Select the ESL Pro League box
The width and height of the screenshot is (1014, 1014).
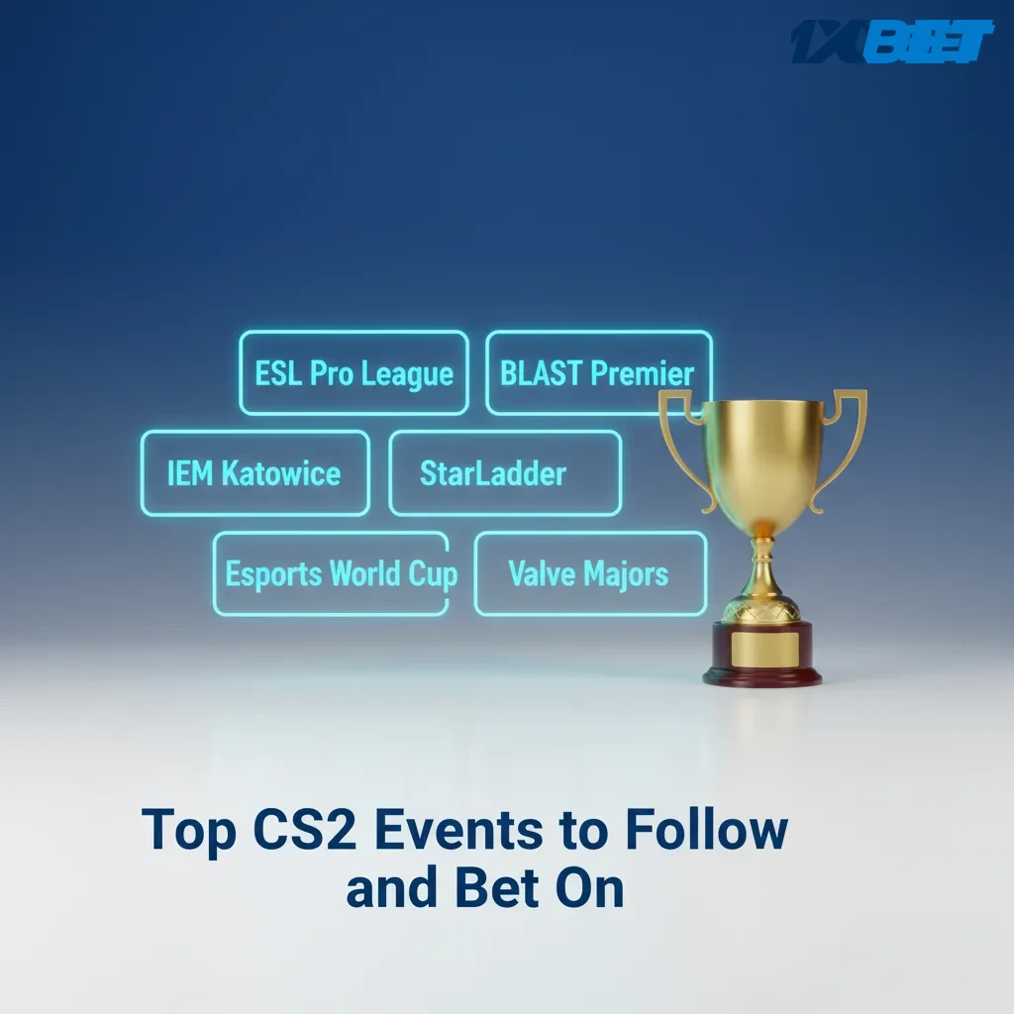click(x=354, y=373)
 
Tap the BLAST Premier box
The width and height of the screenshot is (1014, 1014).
click(x=597, y=373)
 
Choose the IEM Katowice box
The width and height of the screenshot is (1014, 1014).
click(x=254, y=473)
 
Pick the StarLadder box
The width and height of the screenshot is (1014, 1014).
click(x=504, y=473)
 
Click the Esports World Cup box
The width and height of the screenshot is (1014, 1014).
click(x=331, y=573)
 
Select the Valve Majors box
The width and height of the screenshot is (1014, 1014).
click(x=589, y=573)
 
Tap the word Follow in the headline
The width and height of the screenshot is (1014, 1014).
click(x=705, y=830)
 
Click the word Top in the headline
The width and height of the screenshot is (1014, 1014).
click(x=189, y=832)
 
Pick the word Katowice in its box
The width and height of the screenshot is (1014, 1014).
click(x=280, y=473)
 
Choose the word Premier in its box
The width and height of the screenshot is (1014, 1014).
click(x=642, y=373)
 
